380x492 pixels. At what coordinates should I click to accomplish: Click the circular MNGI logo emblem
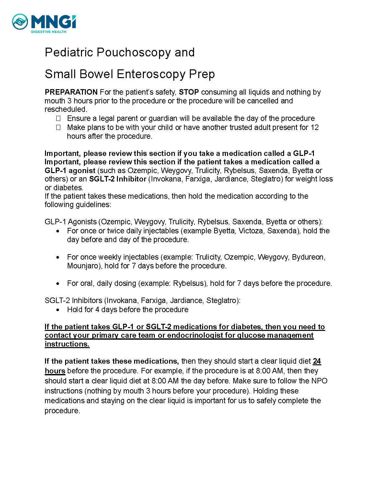(20, 22)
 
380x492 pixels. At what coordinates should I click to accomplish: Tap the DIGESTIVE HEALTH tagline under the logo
(49, 32)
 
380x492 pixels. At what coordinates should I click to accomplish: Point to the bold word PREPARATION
(71, 92)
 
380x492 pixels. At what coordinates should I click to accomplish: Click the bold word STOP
(189, 92)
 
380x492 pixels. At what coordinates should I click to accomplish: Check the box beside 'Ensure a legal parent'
(58, 118)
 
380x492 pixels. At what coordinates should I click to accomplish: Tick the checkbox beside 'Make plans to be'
(58, 127)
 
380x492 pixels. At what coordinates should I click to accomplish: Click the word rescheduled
(65, 109)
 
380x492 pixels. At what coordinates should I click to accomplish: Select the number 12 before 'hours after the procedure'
(315, 127)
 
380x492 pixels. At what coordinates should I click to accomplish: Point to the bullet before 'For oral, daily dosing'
(58, 284)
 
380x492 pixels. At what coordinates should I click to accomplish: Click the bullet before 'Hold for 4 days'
(58, 310)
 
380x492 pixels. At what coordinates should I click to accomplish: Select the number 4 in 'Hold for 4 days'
(97, 310)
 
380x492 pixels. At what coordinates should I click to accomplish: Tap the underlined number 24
(317, 361)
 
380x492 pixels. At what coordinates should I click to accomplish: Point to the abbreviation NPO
(319, 381)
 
